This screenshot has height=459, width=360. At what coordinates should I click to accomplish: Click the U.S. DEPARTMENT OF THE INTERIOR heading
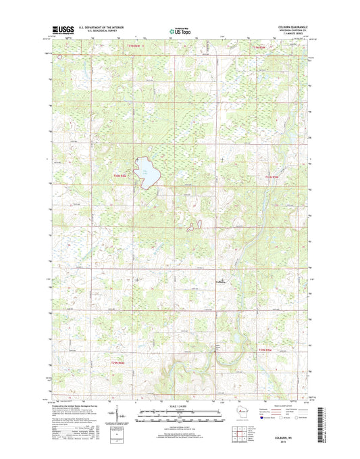(x=102, y=28)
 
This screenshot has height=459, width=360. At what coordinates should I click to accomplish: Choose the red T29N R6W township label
(x=119, y=364)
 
